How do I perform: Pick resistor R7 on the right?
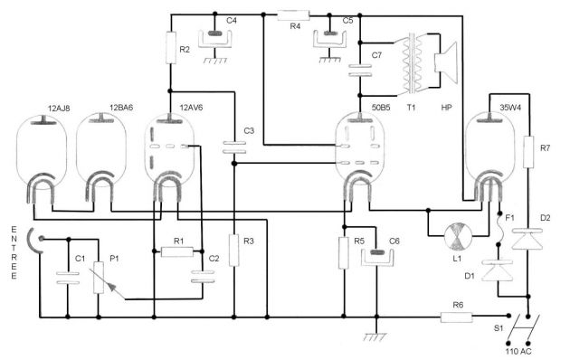click(527, 150)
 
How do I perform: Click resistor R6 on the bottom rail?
click(452, 317)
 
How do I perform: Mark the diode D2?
click(527, 240)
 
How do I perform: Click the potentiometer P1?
click(98, 275)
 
